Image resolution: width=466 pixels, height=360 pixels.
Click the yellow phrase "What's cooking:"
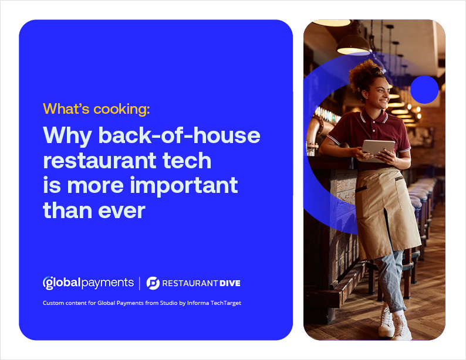tap(96, 108)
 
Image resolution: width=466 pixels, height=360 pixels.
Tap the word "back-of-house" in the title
tap(179, 135)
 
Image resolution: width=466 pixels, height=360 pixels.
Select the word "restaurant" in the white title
tap(99, 161)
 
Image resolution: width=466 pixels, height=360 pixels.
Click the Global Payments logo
tap(88, 283)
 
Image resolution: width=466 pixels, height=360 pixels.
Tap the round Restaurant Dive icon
tap(153, 283)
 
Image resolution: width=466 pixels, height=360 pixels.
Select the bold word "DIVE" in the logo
tap(229, 283)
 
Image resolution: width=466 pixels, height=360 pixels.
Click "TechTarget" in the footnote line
tap(226, 303)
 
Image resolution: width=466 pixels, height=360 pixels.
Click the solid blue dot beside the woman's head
tap(424, 90)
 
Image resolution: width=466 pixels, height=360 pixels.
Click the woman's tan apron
tap(386, 210)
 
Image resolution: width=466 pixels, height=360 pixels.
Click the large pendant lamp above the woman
tap(354, 45)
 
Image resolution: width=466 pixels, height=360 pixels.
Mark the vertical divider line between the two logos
tap(140, 283)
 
